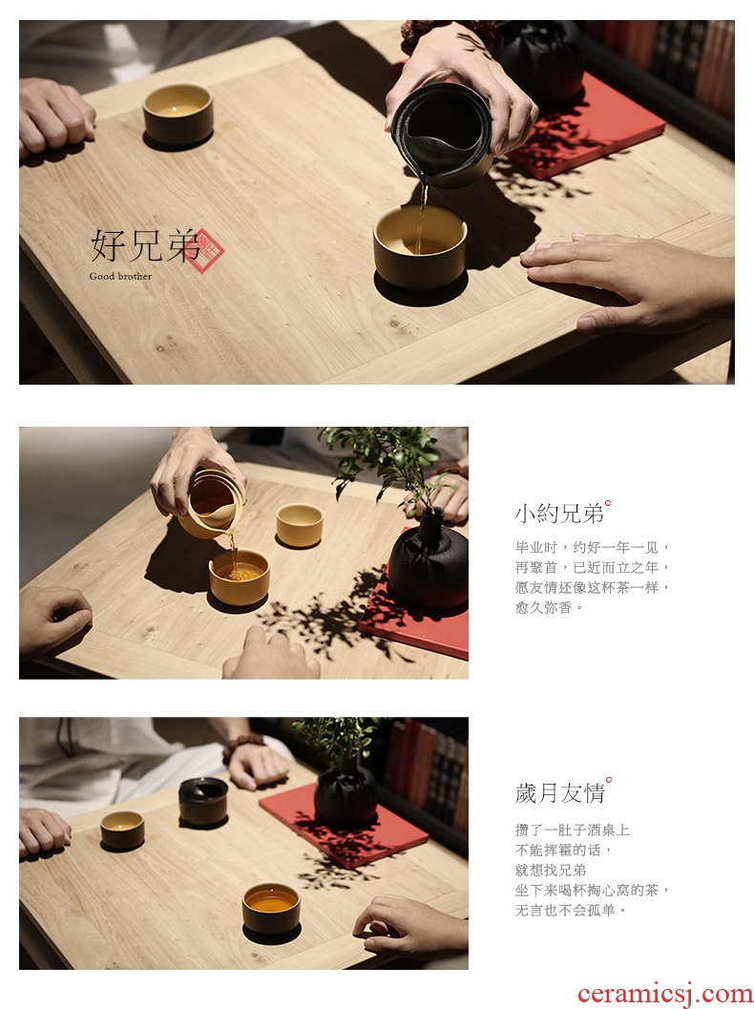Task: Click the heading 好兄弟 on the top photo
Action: pyautogui.click(x=145, y=245)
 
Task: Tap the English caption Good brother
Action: pyautogui.click(x=120, y=276)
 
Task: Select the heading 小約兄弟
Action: pyautogui.click(x=559, y=514)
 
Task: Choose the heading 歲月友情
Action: pyautogui.click(x=559, y=792)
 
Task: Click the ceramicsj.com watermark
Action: pyautogui.click(x=664, y=993)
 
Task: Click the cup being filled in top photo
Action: pyautogui.click(x=420, y=246)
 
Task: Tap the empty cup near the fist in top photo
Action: pyautogui.click(x=178, y=114)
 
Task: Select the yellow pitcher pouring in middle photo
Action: pyautogui.click(x=212, y=504)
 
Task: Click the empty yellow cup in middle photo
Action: pyautogui.click(x=300, y=524)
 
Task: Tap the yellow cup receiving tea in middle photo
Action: pyautogui.click(x=239, y=577)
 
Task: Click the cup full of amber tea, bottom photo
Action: pyautogui.click(x=271, y=907)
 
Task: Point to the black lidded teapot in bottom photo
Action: pyautogui.click(x=203, y=801)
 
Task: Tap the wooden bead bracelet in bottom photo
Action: pyautogui.click(x=241, y=746)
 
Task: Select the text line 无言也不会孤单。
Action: pyautogui.click(x=571, y=910)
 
